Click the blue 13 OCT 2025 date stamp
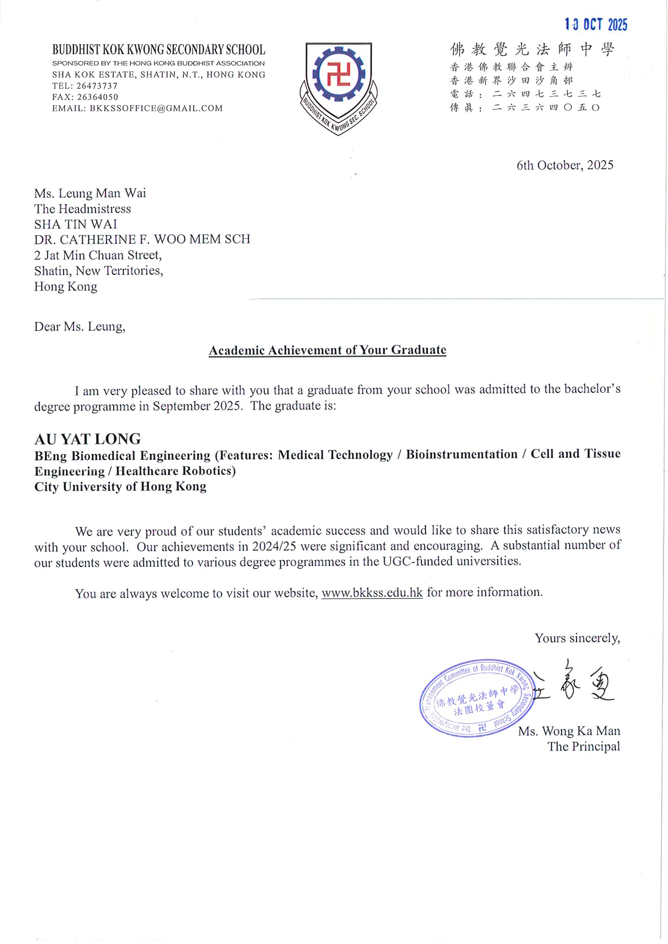596,25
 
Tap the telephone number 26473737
97,86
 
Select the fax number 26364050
97,97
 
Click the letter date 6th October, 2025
565,165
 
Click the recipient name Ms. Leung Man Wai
90,193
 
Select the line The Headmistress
83,209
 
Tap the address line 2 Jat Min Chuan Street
98,255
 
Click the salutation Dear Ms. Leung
80,327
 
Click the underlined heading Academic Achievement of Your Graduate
328,350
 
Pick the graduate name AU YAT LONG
88,439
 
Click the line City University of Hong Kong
120,486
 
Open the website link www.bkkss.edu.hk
372,592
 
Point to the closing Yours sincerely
577,638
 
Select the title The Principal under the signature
583,746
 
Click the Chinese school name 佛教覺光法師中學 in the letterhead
531,49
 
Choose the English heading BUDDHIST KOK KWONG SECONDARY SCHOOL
159,50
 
